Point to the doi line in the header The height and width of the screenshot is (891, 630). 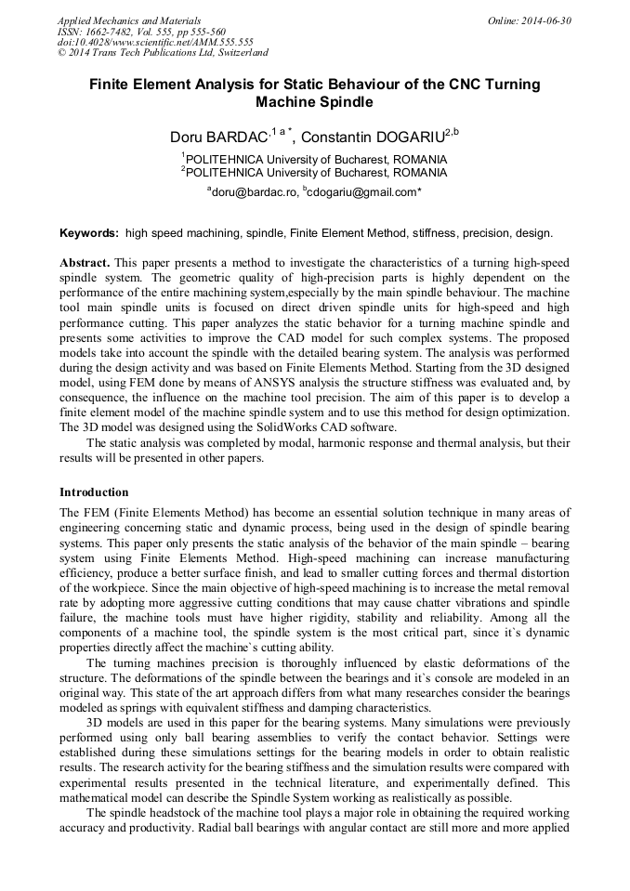155,42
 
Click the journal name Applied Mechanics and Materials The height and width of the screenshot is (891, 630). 129,20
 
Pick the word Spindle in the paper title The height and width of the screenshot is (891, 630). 344,101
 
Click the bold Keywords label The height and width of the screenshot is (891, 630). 89,233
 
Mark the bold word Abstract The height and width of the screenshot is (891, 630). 85,263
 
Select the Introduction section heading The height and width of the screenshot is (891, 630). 94,492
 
